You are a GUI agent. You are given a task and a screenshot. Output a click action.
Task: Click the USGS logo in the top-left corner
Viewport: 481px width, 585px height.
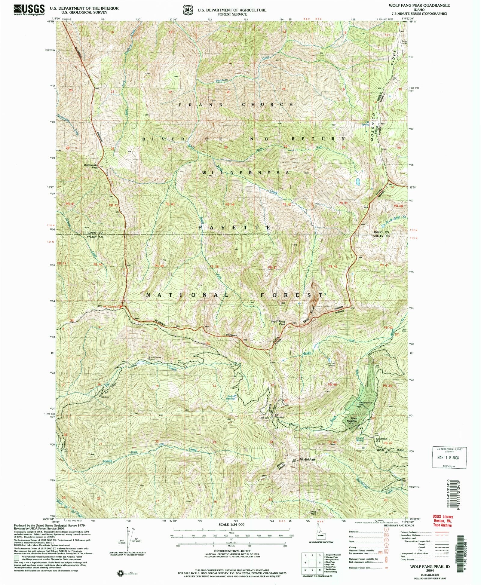[x=29, y=10]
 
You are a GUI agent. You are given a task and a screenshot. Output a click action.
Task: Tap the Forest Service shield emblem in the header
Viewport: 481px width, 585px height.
[x=189, y=10]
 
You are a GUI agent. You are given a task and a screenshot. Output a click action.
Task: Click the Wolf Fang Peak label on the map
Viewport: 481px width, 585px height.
[x=278, y=323]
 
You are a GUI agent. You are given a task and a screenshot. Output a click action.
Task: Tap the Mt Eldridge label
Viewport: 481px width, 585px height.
[x=307, y=459]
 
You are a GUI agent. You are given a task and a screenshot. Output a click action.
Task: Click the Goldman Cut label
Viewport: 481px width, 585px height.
[x=381, y=440]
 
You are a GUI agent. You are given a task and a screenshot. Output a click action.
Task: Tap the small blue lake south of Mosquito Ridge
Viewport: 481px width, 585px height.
[x=358, y=182]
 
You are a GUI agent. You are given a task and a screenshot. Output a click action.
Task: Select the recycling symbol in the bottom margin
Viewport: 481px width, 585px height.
[x=121, y=573]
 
